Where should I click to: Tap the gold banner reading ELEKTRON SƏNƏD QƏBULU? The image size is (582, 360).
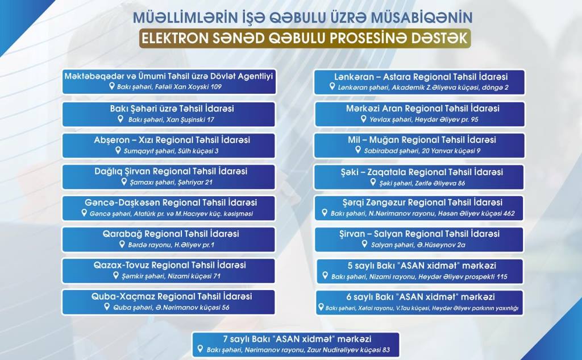305,38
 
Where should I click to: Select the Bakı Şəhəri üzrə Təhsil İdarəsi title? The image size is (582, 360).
172,109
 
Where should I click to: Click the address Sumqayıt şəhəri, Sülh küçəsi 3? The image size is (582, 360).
171,151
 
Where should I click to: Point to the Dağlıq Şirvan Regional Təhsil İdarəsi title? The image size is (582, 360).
171,171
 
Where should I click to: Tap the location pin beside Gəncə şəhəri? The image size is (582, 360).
84,213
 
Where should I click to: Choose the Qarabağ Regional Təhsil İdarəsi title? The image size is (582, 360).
171,234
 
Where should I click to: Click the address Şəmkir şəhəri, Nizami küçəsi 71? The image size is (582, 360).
171,276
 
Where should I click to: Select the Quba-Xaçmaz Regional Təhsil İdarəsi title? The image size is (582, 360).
172,296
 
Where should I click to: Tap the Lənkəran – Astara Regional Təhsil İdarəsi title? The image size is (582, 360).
421,77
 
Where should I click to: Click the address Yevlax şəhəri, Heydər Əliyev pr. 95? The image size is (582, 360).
424,119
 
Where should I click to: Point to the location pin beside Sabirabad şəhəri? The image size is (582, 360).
358,150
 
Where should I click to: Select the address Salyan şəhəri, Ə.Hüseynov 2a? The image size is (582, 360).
418,245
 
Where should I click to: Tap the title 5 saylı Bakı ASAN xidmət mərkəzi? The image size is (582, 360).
422,266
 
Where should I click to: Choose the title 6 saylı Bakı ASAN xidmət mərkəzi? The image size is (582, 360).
421,297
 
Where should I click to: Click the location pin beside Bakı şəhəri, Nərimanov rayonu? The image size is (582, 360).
200,349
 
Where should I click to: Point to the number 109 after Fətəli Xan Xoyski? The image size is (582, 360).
215,87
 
